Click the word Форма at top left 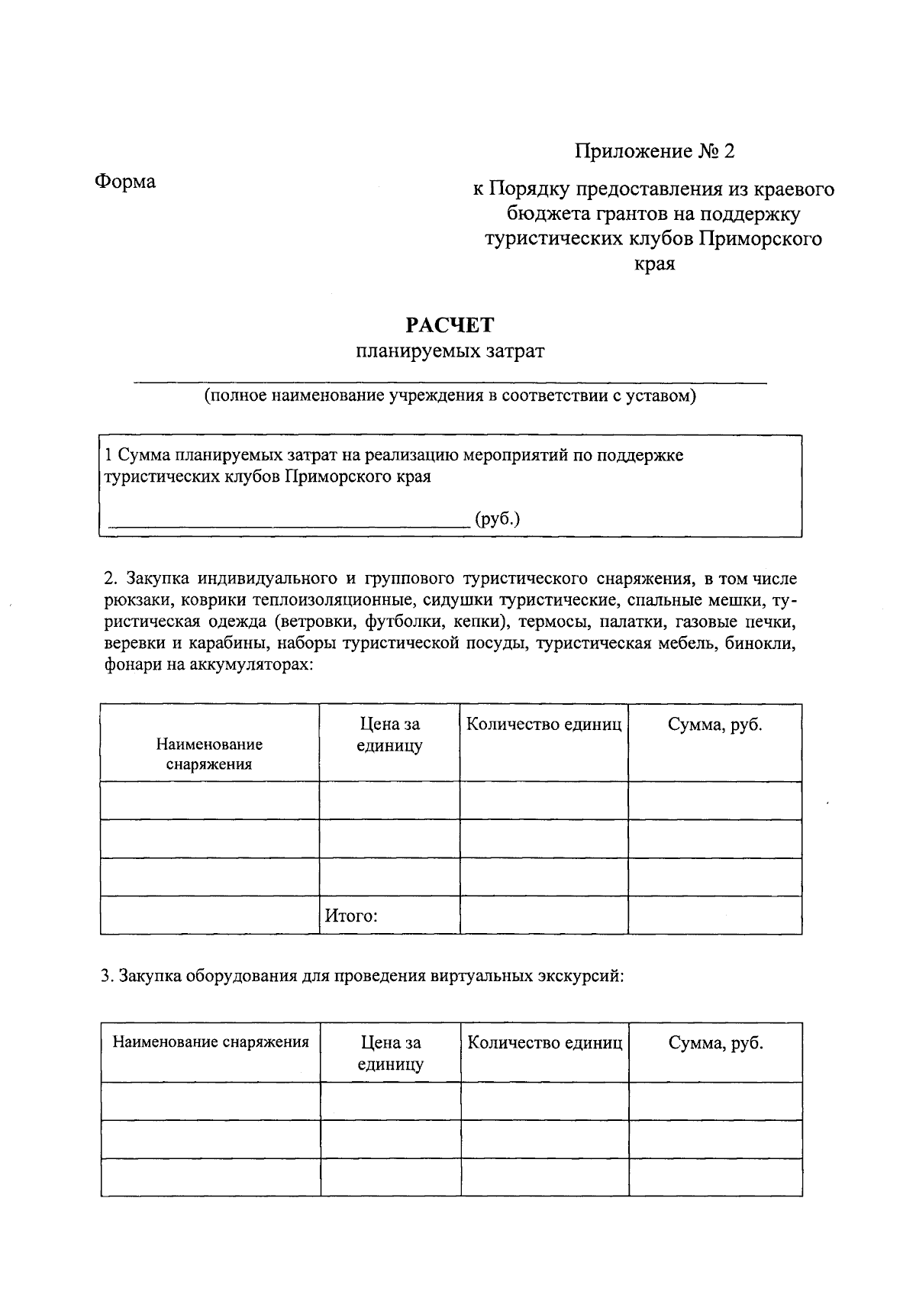pyautogui.click(x=125, y=182)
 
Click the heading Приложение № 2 pyautogui.click(x=654, y=151)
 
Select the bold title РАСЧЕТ pyautogui.click(x=450, y=325)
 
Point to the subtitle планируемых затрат pyautogui.click(x=450, y=351)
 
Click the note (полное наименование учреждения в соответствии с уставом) pyautogui.click(x=450, y=396)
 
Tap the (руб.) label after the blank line pyautogui.click(x=497, y=519)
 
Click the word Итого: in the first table pyautogui.click(x=351, y=916)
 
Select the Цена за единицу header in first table pyautogui.click(x=389, y=735)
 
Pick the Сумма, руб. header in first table pyautogui.click(x=714, y=725)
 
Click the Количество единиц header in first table pyautogui.click(x=543, y=725)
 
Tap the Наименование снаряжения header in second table pyautogui.click(x=211, y=1042)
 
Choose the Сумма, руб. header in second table pyautogui.click(x=715, y=1043)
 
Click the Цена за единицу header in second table pyautogui.click(x=390, y=1053)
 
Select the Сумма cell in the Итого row pyautogui.click(x=714, y=915)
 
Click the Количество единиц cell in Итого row pyautogui.click(x=543, y=915)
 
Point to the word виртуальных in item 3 pyautogui.click(x=470, y=977)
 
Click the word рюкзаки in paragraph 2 pyautogui.click(x=135, y=599)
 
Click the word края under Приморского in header pyautogui.click(x=654, y=264)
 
